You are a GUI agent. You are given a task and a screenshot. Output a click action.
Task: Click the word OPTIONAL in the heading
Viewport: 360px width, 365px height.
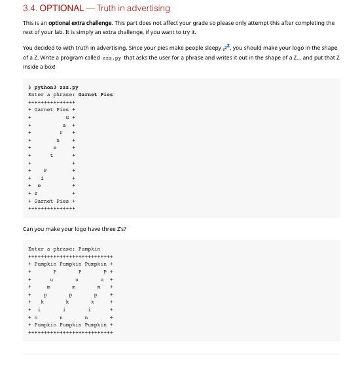[x=62, y=9]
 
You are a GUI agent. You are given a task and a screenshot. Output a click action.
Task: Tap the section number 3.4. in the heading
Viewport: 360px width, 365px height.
[x=30, y=9]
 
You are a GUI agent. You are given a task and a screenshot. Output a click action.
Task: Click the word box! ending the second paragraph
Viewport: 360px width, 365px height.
[x=48, y=67]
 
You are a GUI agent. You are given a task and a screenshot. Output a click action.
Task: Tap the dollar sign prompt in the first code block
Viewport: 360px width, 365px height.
[x=30, y=87]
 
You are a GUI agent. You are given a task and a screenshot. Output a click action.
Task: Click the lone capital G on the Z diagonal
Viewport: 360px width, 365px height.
[x=69, y=117]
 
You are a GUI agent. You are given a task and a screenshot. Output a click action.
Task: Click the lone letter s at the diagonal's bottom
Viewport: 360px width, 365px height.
[x=35, y=193]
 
